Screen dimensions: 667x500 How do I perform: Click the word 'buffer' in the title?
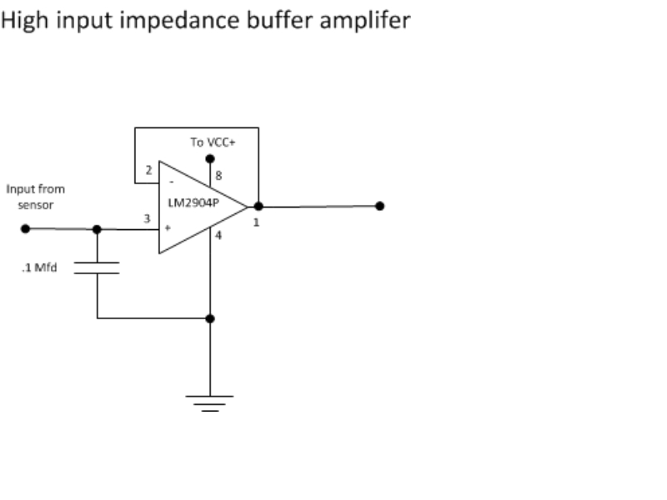(279, 20)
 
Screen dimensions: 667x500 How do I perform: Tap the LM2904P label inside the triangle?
(193, 202)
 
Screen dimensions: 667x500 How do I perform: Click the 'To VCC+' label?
(213, 142)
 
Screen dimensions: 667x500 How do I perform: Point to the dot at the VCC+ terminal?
(210, 158)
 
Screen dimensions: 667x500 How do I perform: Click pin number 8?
(218, 176)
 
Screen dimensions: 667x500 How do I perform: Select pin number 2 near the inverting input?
(148, 170)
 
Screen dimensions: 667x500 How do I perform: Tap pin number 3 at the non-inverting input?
(148, 218)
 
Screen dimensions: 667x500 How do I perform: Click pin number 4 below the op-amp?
(218, 235)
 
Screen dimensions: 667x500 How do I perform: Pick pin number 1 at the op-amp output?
(256, 222)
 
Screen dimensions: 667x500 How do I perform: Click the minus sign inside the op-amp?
(172, 182)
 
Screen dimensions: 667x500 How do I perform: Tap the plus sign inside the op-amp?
(168, 227)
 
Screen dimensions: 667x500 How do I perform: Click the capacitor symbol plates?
(97, 267)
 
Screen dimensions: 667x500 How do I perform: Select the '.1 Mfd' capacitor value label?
(39, 267)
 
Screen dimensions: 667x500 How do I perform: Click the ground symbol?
(210, 403)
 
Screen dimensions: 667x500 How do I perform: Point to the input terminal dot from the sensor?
(26, 228)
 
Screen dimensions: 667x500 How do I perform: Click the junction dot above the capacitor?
(97, 229)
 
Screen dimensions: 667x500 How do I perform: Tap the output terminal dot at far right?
(380, 206)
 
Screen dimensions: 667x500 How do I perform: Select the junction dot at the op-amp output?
(258, 207)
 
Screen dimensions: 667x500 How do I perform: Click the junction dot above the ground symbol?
(210, 318)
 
